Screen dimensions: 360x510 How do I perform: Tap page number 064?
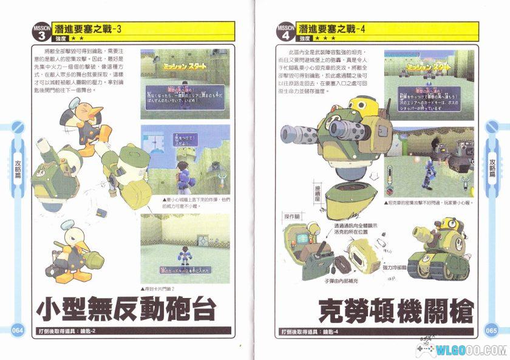[17, 330]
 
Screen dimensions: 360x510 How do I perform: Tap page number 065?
[491, 330]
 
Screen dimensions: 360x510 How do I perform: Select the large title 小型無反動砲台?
[126, 309]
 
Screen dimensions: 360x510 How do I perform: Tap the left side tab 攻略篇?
[18, 170]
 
